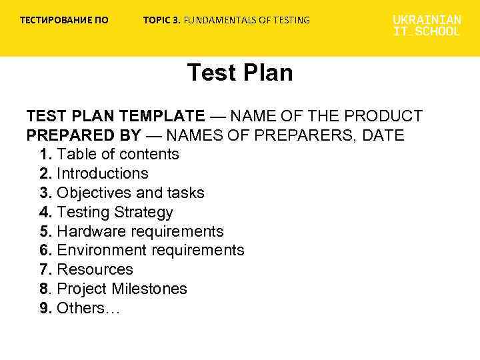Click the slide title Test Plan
(240, 73)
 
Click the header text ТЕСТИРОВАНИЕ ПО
(64, 20)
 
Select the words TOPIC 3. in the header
(161, 20)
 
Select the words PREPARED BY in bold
(83, 135)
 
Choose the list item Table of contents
(118, 155)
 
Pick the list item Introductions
(103, 174)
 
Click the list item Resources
(95, 270)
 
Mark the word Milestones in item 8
(149, 289)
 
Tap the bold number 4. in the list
(45, 213)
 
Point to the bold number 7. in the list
(45, 270)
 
